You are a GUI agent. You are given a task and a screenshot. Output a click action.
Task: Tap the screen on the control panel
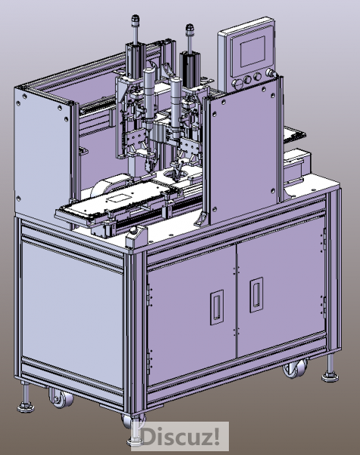(252, 51)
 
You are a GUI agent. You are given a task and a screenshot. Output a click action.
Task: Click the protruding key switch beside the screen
(271, 73)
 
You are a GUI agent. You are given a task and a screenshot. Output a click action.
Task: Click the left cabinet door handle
(217, 307)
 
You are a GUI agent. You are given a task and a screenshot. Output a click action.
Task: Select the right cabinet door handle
(256, 294)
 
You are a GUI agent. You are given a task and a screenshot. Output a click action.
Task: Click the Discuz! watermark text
(180, 436)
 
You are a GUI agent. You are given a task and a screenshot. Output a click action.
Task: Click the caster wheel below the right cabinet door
(295, 368)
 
